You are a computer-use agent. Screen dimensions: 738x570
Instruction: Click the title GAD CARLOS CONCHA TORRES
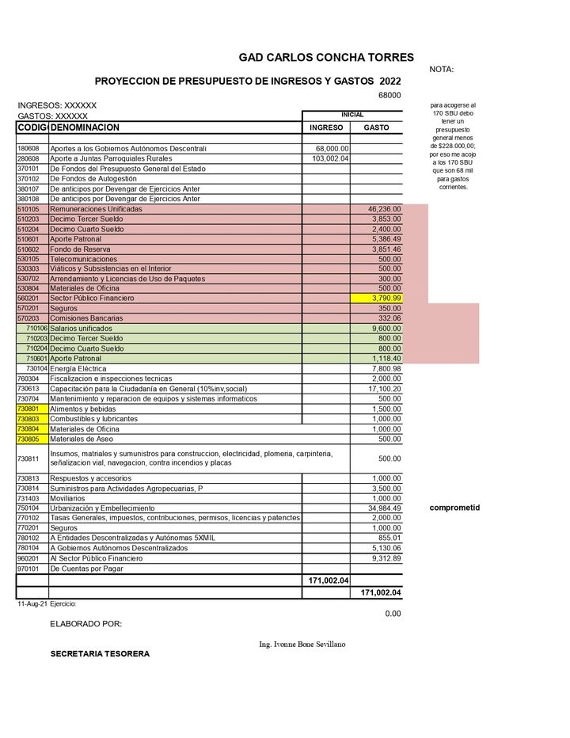[x=326, y=57]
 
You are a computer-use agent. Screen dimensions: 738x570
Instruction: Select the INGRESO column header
[x=326, y=127]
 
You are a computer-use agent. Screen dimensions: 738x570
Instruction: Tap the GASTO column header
[x=376, y=127]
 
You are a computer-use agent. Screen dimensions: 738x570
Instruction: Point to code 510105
[x=28, y=209]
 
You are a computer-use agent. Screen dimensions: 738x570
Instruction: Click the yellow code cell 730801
[x=28, y=409]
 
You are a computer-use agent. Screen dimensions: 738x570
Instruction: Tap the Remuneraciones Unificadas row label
[x=96, y=209]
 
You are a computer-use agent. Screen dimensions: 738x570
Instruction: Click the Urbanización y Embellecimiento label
[x=102, y=508]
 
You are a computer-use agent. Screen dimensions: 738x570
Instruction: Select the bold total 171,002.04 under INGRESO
[x=328, y=580]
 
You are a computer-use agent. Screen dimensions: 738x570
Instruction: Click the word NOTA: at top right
[x=442, y=70]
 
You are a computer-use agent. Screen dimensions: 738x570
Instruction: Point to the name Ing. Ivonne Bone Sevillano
[x=302, y=644]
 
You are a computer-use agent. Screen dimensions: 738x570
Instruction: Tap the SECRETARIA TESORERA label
[x=100, y=654]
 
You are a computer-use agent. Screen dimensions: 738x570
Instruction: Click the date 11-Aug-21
[x=31, y=603]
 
